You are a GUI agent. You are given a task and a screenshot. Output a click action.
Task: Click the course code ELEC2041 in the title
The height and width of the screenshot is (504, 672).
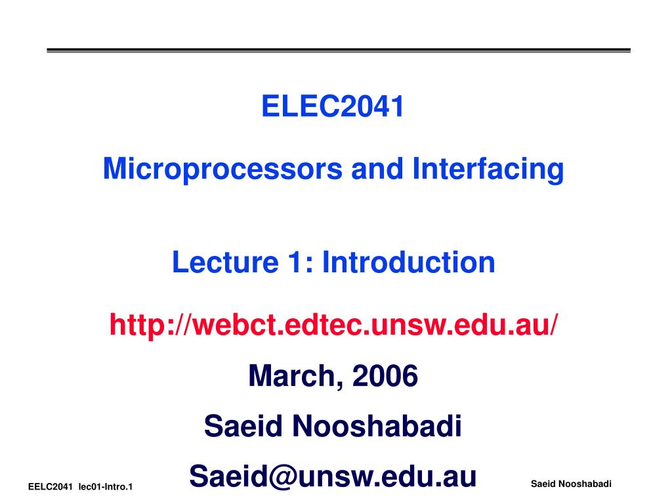[333, 107]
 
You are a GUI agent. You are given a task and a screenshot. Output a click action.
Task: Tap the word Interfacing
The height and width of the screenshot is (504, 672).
[488, 169]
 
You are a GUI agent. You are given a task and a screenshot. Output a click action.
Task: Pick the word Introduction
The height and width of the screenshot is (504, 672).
[408, 263]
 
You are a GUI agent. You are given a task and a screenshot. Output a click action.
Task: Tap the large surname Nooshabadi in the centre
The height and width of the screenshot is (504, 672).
[377, 427]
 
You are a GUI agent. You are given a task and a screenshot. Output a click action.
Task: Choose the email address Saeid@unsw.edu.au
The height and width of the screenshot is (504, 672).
[332, 477]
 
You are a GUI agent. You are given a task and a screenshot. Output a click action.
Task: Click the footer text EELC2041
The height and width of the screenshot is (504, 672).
[49, 487]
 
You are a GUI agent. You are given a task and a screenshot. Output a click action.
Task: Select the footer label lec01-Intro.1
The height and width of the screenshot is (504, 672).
[106, 487]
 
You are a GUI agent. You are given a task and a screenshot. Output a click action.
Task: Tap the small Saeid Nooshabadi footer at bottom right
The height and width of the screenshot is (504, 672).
[571, 484]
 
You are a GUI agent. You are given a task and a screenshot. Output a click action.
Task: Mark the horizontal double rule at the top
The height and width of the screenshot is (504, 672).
[339, 51]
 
